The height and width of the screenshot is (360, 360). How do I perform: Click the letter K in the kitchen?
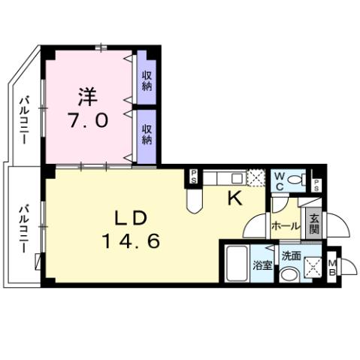234,199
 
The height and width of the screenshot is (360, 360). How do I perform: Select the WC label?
279,180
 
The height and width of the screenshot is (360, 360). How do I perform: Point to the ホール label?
285,225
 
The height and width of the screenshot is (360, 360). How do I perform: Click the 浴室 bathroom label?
262,265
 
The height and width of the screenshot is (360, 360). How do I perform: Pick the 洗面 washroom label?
292,256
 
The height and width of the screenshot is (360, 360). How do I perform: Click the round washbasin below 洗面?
289,274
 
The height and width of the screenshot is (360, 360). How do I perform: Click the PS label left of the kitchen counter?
193,177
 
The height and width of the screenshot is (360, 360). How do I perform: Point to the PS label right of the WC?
317,184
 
